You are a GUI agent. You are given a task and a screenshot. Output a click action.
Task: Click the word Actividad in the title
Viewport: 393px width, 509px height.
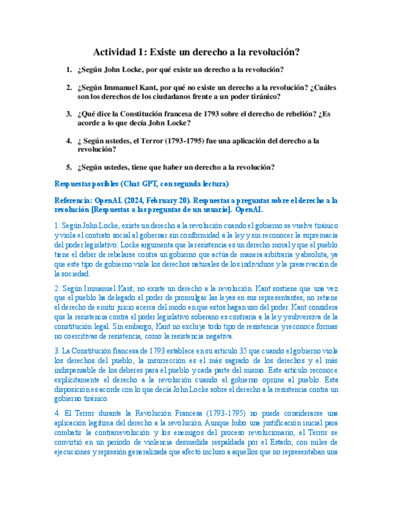point(118,53)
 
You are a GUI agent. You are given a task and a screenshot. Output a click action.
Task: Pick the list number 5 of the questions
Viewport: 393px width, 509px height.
point(69,167)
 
